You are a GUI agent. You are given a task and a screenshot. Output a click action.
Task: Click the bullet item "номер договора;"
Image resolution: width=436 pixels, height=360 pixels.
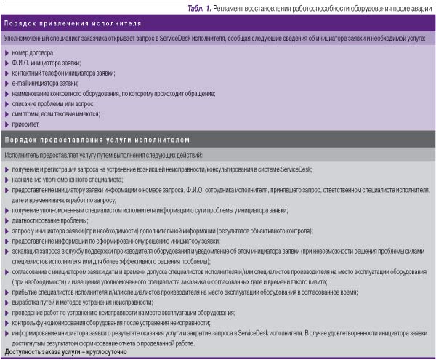point(34,53)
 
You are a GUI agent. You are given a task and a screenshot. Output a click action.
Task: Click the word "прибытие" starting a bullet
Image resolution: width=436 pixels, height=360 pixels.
point(26,292)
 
